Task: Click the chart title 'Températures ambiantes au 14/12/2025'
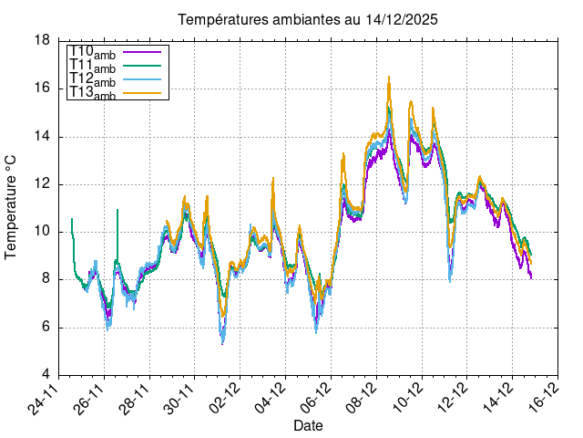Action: click(x=301, y=19)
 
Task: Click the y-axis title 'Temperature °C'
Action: click(x=11, y=206)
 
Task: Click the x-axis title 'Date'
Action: click(x=308, y=425)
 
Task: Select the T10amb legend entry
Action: click(x=92, y=53)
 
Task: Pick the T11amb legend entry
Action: click(x=92, y=66)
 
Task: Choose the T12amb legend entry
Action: click(x=92, y=79)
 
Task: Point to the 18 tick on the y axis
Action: click(x=42, y=41)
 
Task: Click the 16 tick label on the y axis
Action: click(x=42, y=89)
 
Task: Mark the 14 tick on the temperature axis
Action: click(x=42, y=137)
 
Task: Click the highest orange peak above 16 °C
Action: click(x=389, y=78)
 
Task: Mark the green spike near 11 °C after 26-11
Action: click(x=118, y=211)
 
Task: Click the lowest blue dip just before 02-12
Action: click(x=222, y=342)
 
